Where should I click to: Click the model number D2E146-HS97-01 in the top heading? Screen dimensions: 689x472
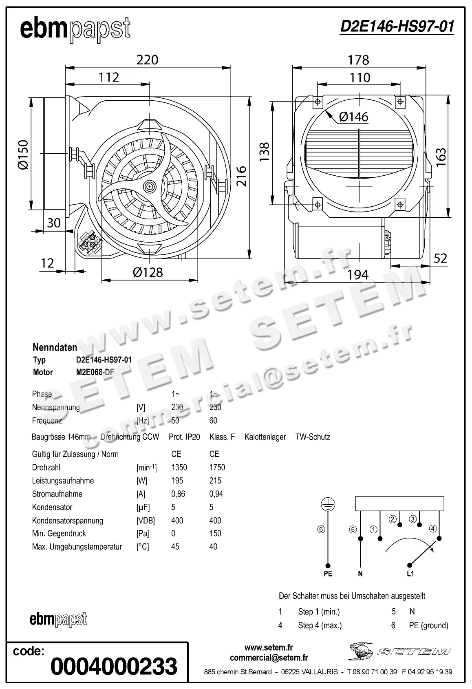(397, 26)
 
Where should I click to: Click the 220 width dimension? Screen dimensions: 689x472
(147, 60)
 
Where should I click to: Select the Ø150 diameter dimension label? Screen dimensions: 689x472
(23, 155)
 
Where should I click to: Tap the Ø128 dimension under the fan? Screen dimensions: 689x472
(148, 272)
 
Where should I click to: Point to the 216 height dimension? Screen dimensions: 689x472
(242, 176)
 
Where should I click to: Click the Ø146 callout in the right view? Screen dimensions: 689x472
(353, 117)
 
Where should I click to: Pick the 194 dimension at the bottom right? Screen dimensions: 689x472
(358, 275)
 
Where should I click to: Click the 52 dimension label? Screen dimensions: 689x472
(440, 258)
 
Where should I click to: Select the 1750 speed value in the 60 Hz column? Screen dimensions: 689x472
(217, 467)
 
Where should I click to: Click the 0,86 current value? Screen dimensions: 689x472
(178, 494)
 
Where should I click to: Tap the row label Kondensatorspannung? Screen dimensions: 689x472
(67, 521)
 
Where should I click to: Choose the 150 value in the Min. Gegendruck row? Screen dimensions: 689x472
(215, 533)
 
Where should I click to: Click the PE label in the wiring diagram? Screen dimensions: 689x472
(328, 574)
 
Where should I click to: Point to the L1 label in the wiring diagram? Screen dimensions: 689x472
(410, 574)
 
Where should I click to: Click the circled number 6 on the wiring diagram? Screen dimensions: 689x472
(321, 530)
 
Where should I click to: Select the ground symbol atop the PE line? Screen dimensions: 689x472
(328, 504)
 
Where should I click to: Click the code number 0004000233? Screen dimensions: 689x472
(114, 666)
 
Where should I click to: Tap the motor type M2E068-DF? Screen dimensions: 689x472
(95, 372)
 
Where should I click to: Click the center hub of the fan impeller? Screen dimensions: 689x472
(150, 186)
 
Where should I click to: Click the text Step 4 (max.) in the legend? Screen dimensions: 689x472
(320, 625)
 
